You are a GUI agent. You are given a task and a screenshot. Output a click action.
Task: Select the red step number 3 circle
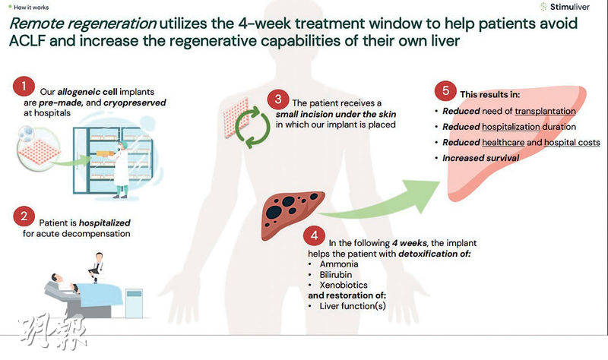(279, 99)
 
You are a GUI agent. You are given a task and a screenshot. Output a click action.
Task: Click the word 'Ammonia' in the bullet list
(338, 262)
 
